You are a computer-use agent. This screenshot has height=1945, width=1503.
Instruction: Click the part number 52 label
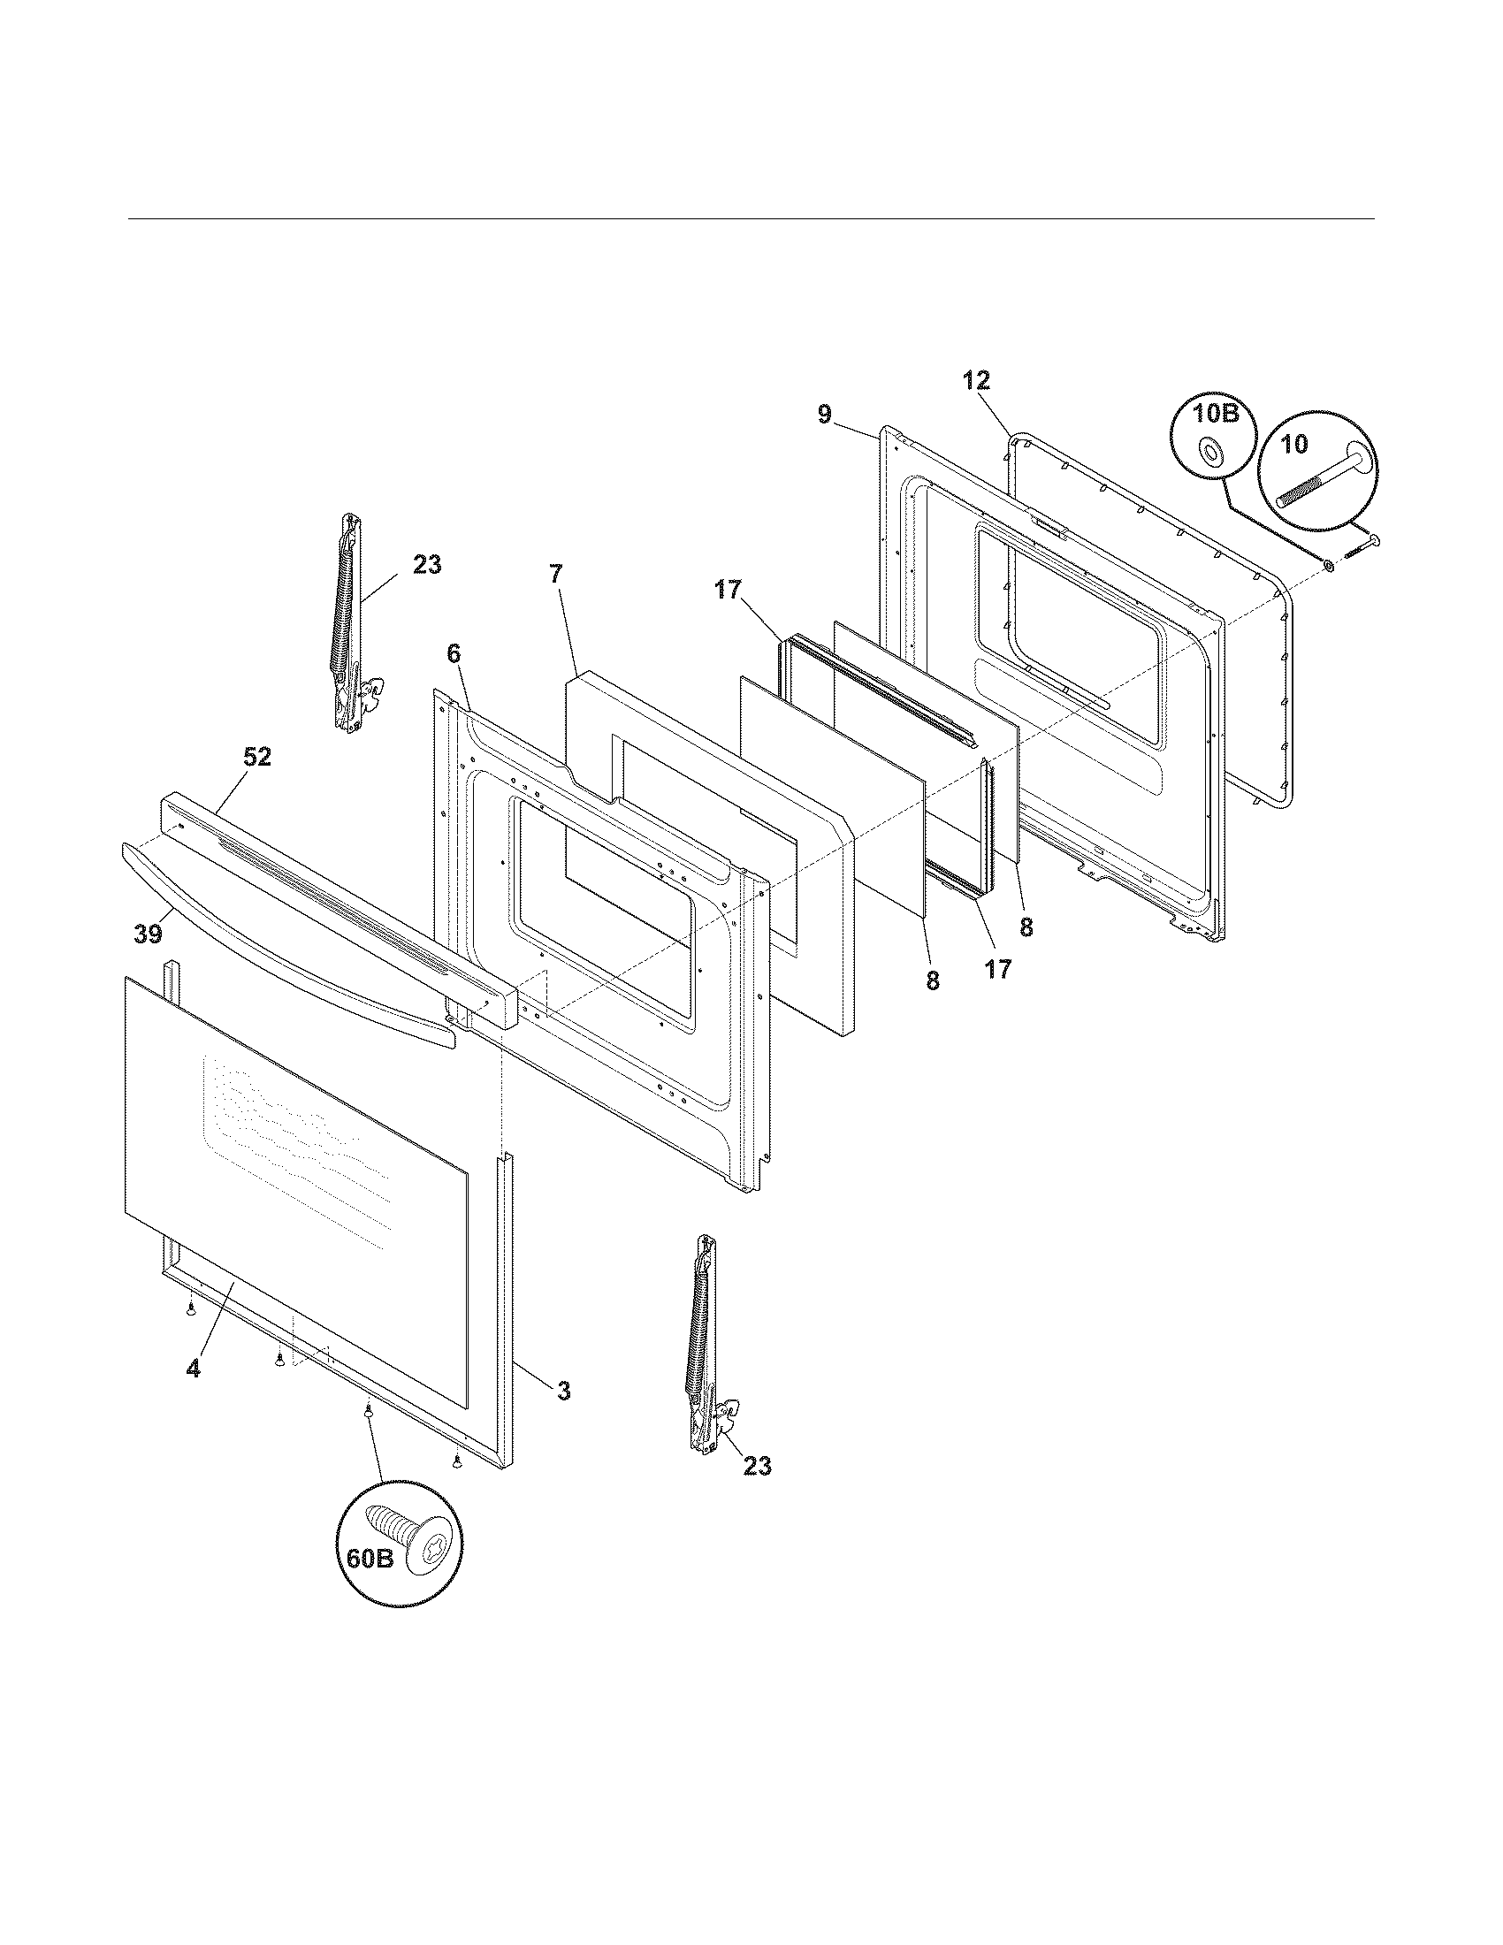point(258,757)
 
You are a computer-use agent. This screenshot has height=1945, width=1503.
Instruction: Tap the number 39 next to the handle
point(149,934)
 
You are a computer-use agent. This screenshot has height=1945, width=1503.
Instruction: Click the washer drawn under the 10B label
point(1211,453)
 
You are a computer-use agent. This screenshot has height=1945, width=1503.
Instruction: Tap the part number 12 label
point(976,381)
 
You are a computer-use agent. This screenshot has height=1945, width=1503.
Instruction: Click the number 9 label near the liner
point(825,413)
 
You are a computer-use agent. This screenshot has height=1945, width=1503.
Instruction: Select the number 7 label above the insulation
point(555,575)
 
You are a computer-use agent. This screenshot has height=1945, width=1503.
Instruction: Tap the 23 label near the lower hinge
point(757,1466)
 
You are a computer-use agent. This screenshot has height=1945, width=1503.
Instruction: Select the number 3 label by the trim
point(562,1390)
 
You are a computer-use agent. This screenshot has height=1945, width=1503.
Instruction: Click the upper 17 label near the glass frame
point(728,590)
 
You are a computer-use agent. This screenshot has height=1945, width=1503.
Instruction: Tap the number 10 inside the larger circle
point(1294,443)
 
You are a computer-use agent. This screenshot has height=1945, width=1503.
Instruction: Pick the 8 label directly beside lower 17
point(932,980)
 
